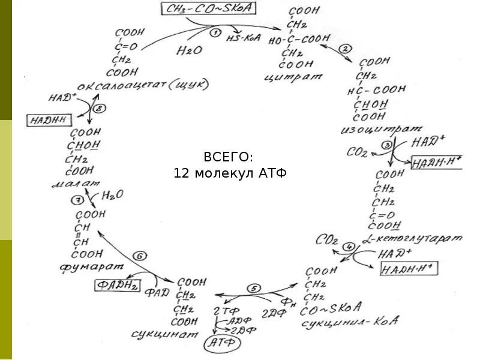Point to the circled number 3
point(387,145)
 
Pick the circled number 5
point(254,289)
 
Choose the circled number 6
point(139,256)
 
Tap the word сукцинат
point(181,334)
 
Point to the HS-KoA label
point(241,38)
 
